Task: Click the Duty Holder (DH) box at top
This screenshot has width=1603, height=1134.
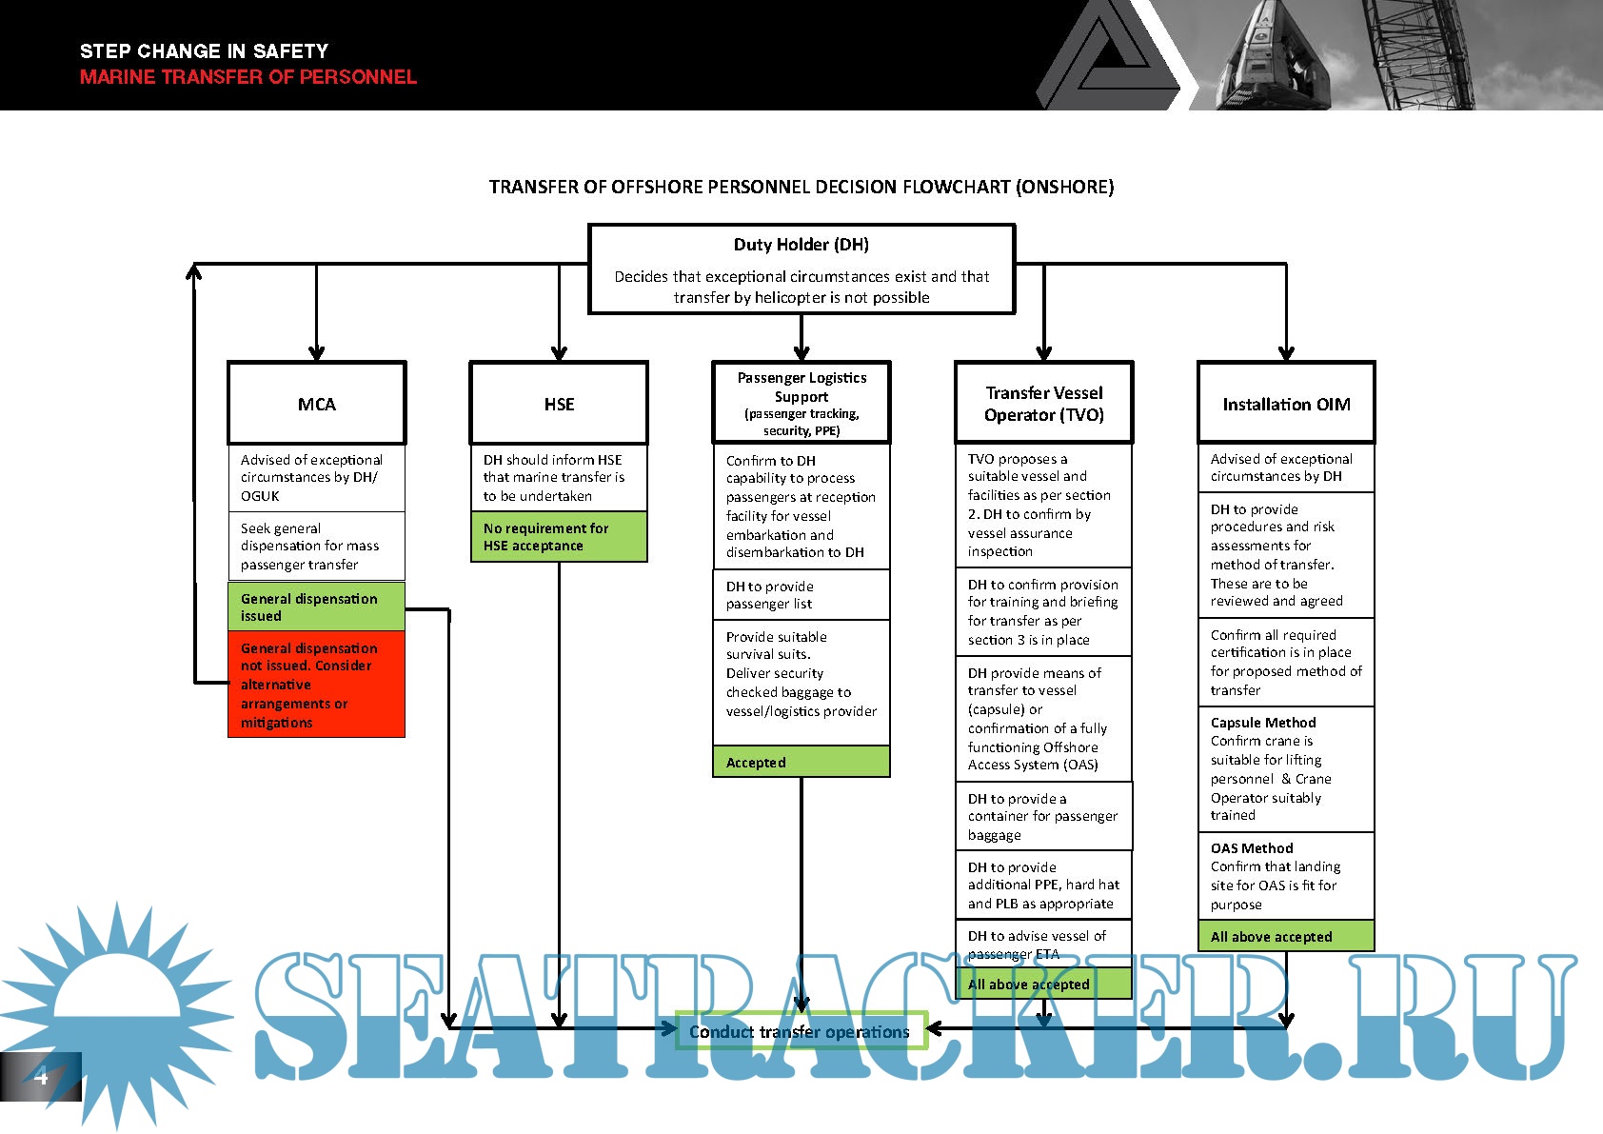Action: coord(801,269)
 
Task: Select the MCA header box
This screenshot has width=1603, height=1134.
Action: coord(317,404)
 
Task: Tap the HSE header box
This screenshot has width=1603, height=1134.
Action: coord(559,404)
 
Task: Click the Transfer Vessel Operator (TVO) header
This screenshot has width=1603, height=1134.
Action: coord(1044,404)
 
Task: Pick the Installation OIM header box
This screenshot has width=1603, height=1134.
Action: coord(1286,404)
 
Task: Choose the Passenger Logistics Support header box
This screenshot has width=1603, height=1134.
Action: coord(801,403)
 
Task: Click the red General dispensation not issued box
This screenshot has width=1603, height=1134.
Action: coord(317,685)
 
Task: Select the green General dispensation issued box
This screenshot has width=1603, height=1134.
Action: coord(317,607)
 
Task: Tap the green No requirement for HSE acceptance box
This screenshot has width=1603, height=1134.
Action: coord(559,537)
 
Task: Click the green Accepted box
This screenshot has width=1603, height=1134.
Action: coord(801,762)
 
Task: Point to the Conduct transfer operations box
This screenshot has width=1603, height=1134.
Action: coord(800,1031)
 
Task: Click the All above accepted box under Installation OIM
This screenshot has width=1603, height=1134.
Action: coord(1286,936)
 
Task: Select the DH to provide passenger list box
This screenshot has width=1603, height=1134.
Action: coord(801,595)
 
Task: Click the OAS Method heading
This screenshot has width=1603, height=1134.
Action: coord(1252,848)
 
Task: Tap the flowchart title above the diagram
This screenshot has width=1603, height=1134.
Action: coord(801,187)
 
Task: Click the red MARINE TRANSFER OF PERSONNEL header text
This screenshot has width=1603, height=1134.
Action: coord(248,77)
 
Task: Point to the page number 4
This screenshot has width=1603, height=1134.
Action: coord(40,1077)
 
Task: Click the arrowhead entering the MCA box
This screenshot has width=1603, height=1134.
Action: coord(317,353)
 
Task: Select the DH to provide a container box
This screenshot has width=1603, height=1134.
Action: coord(1044,816)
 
